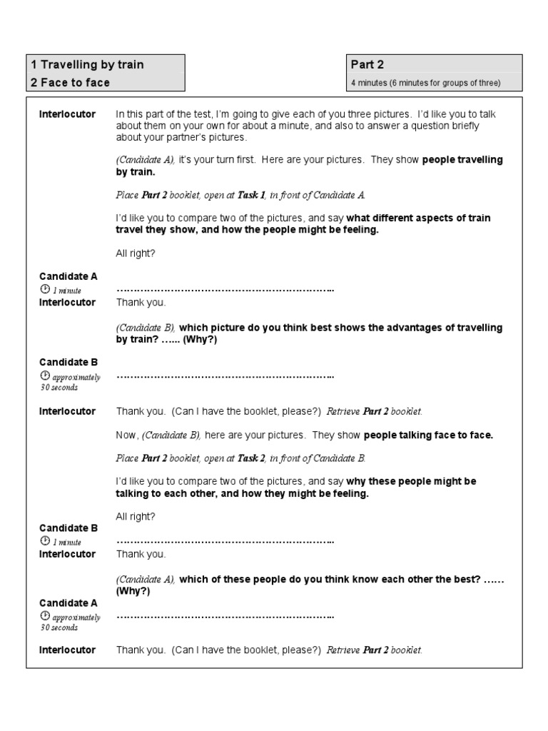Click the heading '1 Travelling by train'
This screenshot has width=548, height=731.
(x=86, y=65)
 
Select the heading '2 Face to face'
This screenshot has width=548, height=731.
(x=70, y=83)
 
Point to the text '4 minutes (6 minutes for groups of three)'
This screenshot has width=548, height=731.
(x=425, y=84)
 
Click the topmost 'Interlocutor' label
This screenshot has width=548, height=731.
(x=67, y=114)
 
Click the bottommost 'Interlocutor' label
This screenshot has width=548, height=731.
(x=67, y=650)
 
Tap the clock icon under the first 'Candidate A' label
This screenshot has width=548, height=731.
(x=45, y=289)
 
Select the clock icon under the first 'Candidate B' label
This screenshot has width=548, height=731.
(x=45, y=376)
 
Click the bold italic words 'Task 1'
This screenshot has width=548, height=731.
(x=251, y=194)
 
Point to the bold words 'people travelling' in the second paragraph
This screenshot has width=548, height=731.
(x=462, y=160)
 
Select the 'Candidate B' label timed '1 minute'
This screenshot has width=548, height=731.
(x=68, y=528)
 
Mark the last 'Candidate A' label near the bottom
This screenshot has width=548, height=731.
(x=68, y=603)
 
